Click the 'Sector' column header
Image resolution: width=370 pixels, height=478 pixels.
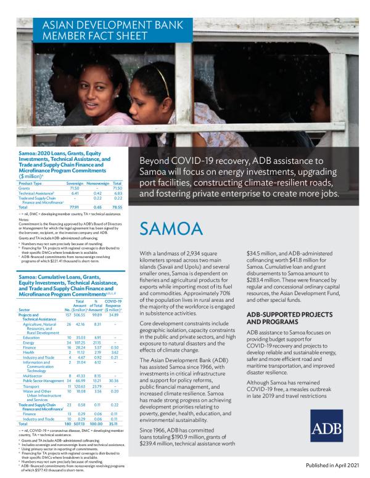(x=25, y=309)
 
